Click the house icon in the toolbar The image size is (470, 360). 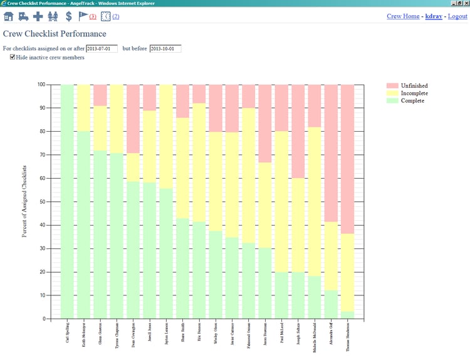pos(9,16)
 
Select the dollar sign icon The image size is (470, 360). pos(68,16)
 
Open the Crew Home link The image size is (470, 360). pos(403,16)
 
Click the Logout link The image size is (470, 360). pos(457,16)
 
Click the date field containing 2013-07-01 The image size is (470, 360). pos(102,48)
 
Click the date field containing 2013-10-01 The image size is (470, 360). pos(165,48)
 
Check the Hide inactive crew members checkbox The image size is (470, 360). pos(13,57)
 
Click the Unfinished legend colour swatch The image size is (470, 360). pos(392,85)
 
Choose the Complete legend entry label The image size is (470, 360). pos(412,100)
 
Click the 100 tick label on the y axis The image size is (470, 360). pos(40,84)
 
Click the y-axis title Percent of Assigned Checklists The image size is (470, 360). pos(24,201)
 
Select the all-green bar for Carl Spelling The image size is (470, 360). pos(67,201)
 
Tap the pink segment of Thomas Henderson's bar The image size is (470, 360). pos(347,157)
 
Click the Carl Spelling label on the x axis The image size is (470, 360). pos(67,336)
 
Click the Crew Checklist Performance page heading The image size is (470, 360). pos(55,34)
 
